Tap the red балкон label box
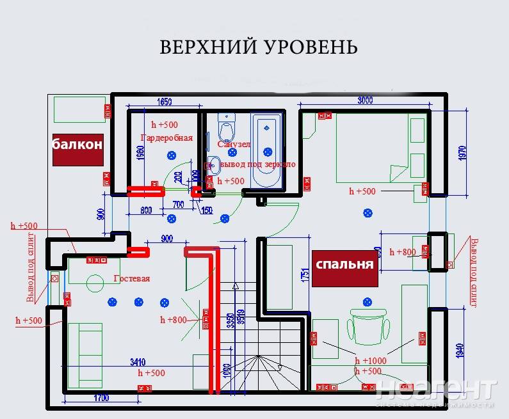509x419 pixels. click(77, 145)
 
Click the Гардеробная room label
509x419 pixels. click(166, 138)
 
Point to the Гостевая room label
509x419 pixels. click(131, 278)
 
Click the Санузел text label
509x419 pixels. click(233, 145)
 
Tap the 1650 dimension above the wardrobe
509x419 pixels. click(165, 102)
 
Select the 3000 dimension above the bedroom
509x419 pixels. click(365, 100)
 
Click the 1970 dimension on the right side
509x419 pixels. click(462, 152)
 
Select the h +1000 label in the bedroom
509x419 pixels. click(370, 361)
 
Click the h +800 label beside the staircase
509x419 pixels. click(173, 320)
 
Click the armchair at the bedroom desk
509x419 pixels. click(368, 325)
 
